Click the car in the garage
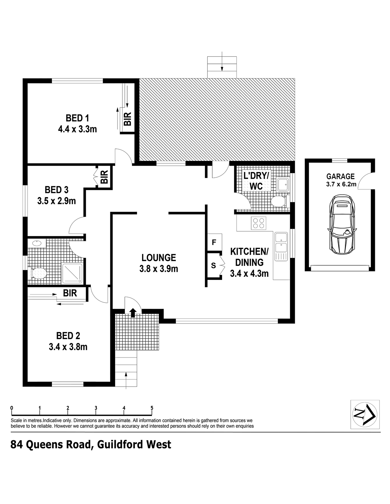click(x=342, y=224)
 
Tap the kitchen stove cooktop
click(x=258, y=223)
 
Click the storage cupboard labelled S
click(x=214, y=265)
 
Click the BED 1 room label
click(x=77, y=118)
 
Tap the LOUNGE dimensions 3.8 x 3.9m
click(x=158, y=269)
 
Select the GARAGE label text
click(x=341, y=176)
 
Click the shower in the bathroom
click(x=72, y=274)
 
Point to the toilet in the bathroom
click(x=37, y=274)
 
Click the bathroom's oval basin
click(x=37, y=243)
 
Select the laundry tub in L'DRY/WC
click(x=283, y=184)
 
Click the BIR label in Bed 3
click(x=105, y=177)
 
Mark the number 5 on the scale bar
click(x=152, y=408)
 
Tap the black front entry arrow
click(x=133, y=312)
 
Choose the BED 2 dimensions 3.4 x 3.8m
click(x=68, y=347)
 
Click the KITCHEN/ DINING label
click(x=249, y=257)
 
